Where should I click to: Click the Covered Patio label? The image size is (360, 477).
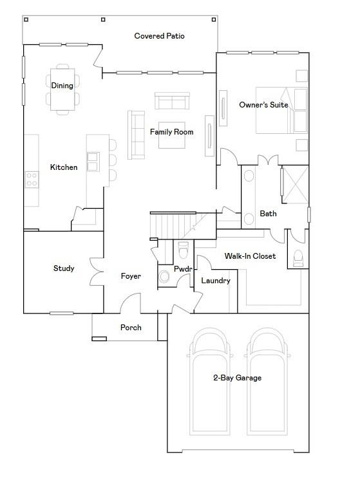pos(159,36)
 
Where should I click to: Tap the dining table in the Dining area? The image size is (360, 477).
pos(62,89)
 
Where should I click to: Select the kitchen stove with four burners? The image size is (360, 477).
pos(32,180)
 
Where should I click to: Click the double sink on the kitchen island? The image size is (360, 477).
pos(93,162)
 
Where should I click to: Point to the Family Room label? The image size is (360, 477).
pos(172,132)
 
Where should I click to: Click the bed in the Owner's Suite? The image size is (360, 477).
pos(281,110)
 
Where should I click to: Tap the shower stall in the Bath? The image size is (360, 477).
pos(295,184)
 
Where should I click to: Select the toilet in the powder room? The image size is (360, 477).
pos(183,250)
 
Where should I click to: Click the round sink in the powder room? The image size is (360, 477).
pos(164,277)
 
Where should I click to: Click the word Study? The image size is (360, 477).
pos(64,268)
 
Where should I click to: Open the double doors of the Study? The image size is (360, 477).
pos(97,272)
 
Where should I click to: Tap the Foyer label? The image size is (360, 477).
pos(131,276)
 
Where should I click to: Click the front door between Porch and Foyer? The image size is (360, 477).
pos(130,303)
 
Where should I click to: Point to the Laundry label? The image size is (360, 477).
pos(216,281)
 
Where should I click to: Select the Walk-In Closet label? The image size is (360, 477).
pos(250,256)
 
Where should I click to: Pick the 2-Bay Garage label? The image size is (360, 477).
pos(238,377)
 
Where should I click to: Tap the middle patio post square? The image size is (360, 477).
pos(103,19)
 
